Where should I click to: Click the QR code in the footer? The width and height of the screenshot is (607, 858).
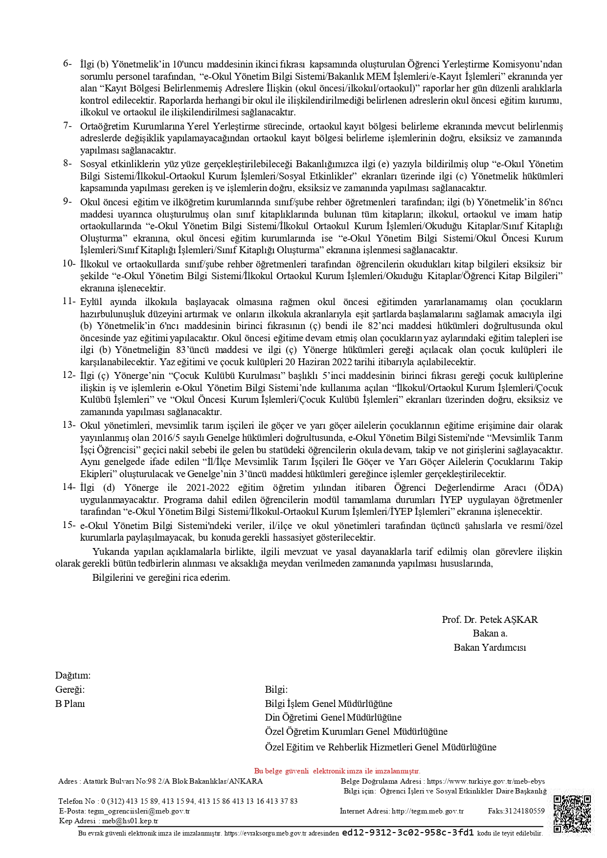572,814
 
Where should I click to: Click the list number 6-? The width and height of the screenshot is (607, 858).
67,64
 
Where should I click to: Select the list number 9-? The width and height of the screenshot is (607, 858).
67,201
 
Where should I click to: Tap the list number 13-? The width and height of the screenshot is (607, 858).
69,425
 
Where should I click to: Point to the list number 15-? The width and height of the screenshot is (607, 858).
69,525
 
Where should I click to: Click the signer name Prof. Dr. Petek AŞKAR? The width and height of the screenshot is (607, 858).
490,619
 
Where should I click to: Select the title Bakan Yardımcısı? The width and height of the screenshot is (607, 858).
490,647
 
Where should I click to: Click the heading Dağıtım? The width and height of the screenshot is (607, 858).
73,676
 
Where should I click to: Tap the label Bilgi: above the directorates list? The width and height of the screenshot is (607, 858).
276,690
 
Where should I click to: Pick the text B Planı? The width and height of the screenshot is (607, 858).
70,704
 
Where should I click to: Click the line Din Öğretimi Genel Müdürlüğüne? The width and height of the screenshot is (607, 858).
333,718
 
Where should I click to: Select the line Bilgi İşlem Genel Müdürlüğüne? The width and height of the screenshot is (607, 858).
329,704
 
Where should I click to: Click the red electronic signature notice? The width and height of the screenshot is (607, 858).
337,771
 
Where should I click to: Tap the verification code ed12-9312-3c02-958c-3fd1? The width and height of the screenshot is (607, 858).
407,833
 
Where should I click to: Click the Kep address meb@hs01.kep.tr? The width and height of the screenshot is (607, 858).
130,821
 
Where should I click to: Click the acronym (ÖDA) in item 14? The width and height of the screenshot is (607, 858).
548,487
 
